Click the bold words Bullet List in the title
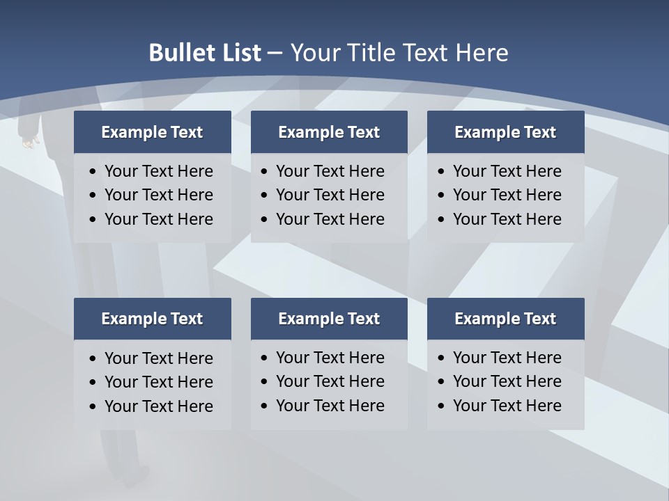(205, 53)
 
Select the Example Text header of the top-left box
(152, 132)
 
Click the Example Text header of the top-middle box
(329, 132)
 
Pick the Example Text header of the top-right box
(505, 132)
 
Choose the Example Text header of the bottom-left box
(152, 319)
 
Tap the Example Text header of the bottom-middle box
(329, 319)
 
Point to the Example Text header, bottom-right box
(505, 319)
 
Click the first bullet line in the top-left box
(158, 171)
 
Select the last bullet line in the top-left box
(158, 219)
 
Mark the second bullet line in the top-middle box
(330, 195)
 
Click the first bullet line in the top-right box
(507, 171)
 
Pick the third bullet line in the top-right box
(507, 219)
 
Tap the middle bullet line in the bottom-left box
(158, 382)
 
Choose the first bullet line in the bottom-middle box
(330, 358)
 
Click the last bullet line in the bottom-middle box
(330, 406)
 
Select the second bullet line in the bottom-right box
(507, 381)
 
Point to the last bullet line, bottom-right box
(507, 406)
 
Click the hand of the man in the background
(29, 141)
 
